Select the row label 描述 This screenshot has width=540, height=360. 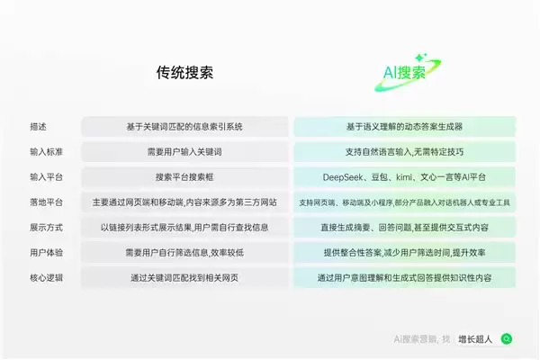click(40, 126)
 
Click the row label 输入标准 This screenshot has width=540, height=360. click(47, 151)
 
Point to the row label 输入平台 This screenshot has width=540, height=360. click(47, 176)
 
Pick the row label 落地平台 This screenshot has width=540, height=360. click(47, 202)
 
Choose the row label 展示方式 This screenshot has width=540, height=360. click(47, 227)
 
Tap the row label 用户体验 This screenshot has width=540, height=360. click(47, 252)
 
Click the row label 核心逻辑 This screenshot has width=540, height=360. click(47, 277)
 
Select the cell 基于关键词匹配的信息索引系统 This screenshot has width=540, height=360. click(184, 126)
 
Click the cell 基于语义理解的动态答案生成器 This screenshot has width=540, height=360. click(404, 126)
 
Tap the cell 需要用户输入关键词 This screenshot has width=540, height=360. click(184, 151)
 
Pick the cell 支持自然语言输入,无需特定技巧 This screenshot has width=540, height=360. click(404, 151)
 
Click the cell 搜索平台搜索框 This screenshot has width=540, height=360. click(184, 176)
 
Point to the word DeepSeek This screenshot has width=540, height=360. click(344, 176)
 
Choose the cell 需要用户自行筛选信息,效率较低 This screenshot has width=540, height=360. click(184, 252)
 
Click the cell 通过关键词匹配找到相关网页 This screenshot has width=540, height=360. click(184, 277)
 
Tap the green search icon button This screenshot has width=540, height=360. click(507, 338)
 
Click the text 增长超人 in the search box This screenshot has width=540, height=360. click(475, 338)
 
